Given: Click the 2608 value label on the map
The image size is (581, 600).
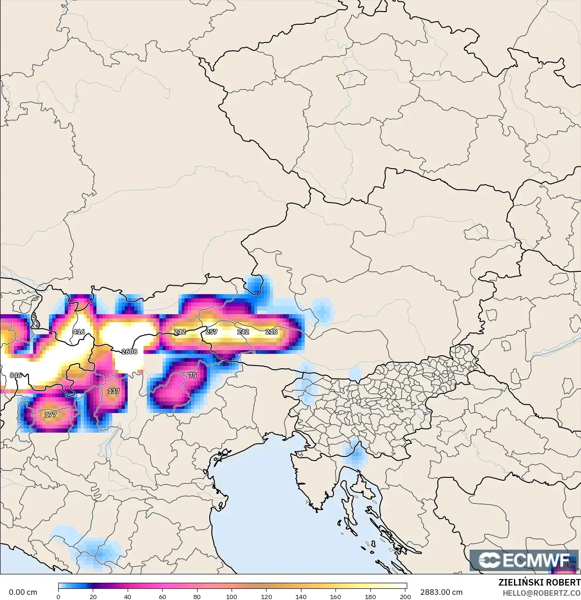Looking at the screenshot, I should point(130,352).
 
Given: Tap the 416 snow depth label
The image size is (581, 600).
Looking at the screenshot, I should point(79,332).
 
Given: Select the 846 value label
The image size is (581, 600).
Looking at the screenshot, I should point(16,375).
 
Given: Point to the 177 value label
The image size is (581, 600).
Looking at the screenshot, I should point(50,414).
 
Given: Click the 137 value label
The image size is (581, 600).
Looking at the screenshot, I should point(114,391).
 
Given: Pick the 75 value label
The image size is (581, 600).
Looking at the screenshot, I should point(192,375).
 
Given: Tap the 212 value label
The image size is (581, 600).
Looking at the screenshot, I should point(180,332).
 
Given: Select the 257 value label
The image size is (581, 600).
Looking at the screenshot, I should point(212,332).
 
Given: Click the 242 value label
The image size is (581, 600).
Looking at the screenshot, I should point(243,332).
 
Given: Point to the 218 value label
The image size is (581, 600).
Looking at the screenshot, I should point(272,332).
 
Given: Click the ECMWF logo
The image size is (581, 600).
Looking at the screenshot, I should point(524,560).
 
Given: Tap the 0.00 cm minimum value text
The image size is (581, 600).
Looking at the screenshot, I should point(23,593).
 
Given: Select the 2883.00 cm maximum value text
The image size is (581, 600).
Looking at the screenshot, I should point(441,593).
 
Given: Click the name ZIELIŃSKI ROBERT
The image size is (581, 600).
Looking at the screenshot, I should point(539,583).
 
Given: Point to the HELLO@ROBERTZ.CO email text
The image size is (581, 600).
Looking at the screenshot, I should point(541,593).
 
